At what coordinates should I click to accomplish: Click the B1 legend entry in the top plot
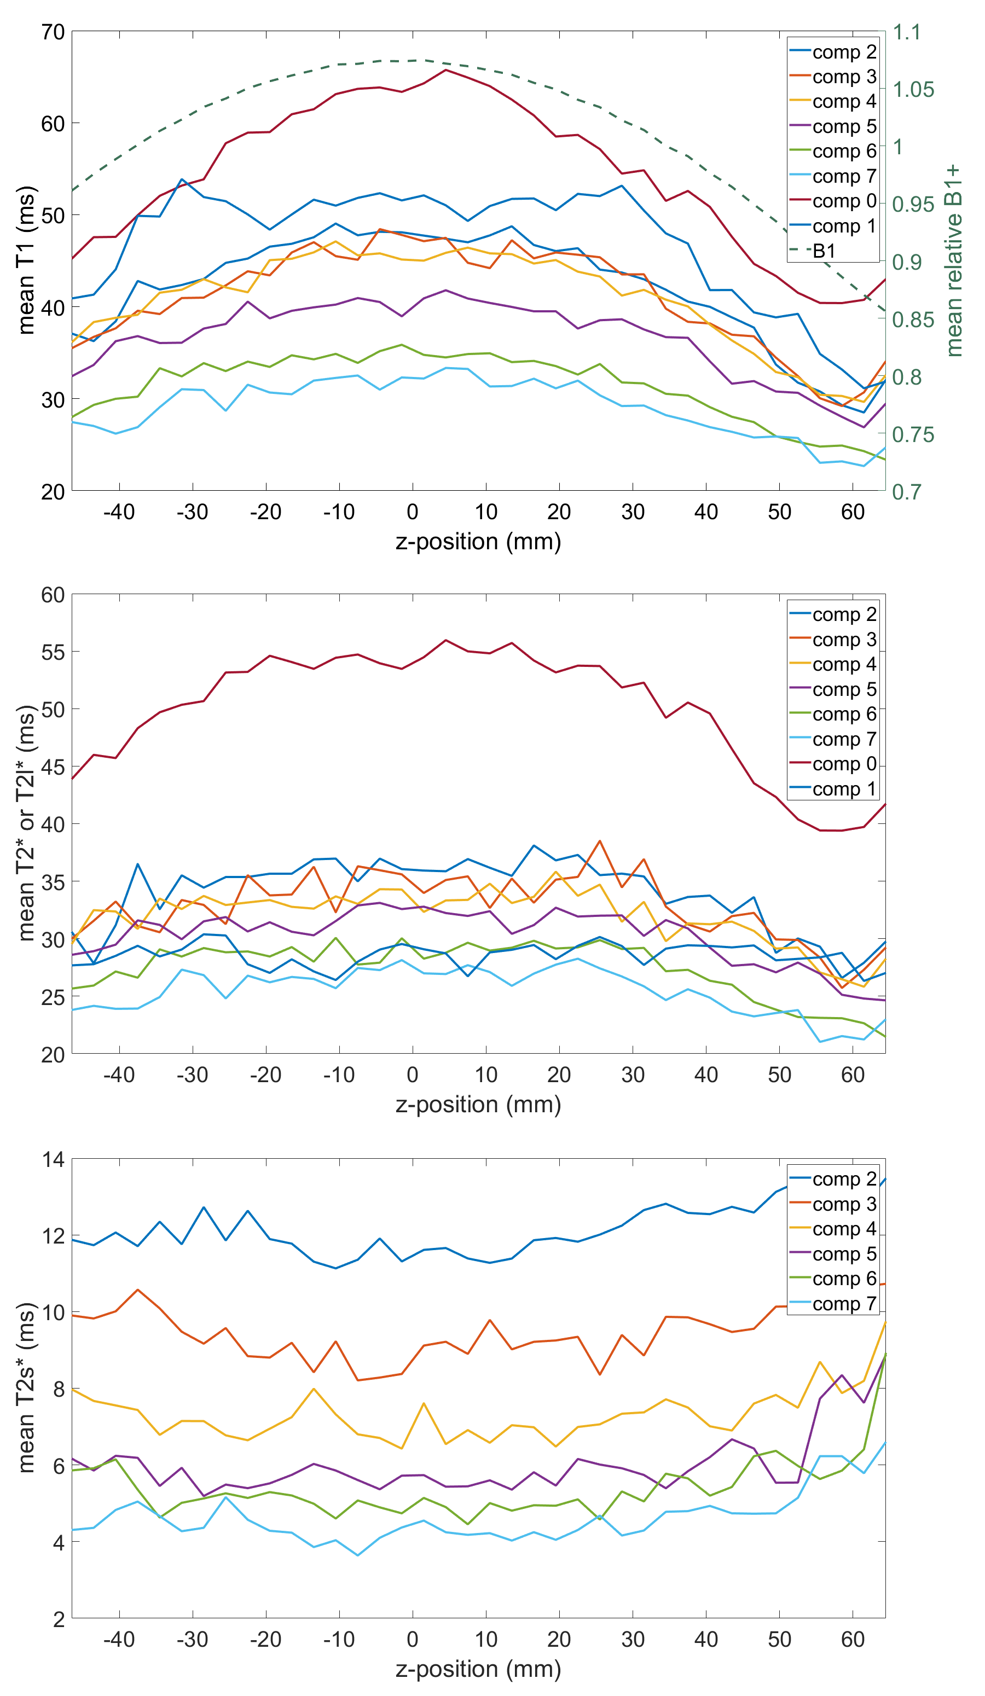click(824, 251)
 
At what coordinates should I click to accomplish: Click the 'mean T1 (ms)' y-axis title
click(26, 260)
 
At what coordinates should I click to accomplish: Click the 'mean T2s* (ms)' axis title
click(26, 1389)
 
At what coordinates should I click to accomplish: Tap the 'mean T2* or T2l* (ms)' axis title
click(26, 823)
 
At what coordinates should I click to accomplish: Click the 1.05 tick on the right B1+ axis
click(913, 90)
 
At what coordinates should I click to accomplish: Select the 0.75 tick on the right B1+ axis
click(913, 435)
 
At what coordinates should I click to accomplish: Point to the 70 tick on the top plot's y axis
click(53, 32)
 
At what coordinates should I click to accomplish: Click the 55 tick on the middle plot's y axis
click(53, 652)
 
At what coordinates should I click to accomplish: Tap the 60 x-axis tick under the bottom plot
click(853, 1640)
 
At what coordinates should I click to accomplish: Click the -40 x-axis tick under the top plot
click(119, 512)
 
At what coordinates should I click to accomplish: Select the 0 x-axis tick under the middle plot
click(412, 1075)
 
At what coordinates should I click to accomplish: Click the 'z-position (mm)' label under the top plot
click(478, 542)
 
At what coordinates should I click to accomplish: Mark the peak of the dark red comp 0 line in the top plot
click(445, 69)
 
